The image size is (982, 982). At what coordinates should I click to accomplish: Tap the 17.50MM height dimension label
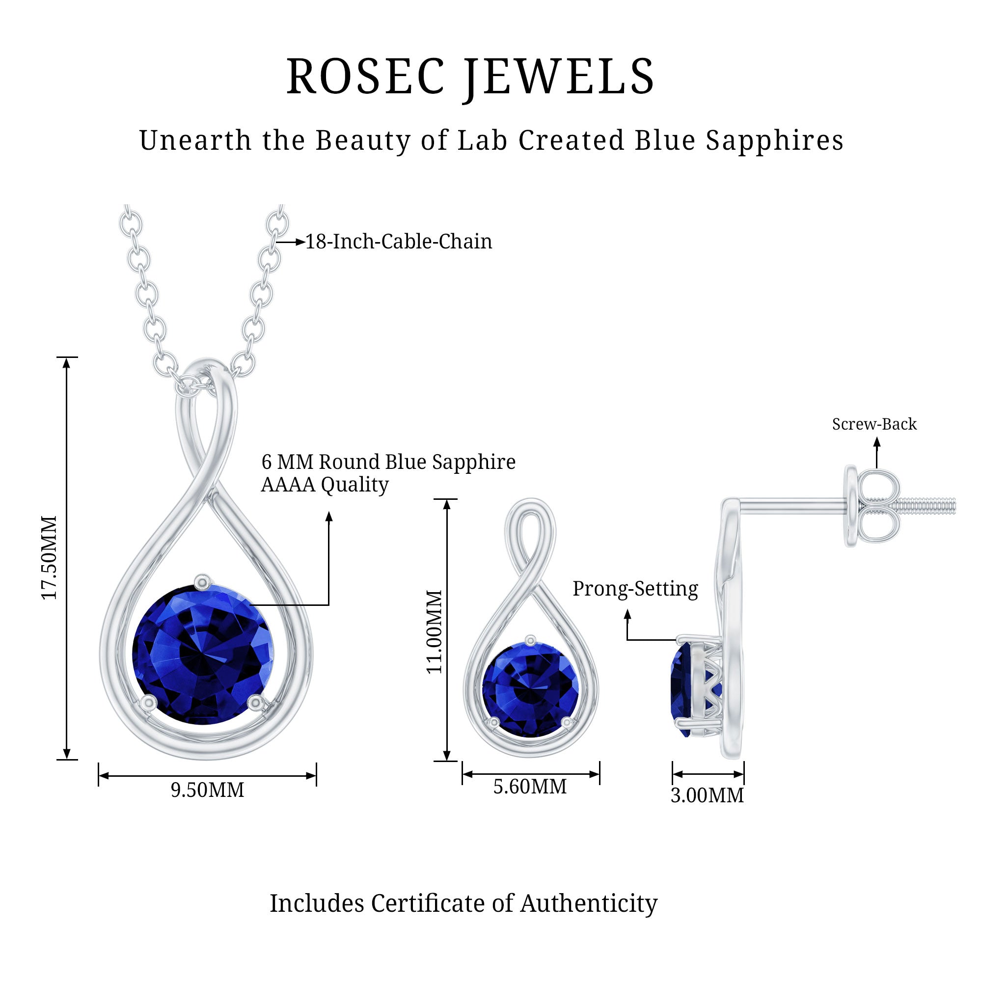click(x=49, y=558)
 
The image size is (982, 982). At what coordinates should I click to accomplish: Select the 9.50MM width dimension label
click(x=207, y=790)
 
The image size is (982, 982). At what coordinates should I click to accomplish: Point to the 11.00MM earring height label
click(x=434, y=632)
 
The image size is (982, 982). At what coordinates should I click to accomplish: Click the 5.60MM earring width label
click(x=530, y=787)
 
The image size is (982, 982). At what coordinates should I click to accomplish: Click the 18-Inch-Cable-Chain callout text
click(x=399, y=242)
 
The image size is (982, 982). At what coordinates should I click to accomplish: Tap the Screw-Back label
click(x=874, y=424)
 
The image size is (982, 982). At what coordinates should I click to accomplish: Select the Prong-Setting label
click(x=635, y=589)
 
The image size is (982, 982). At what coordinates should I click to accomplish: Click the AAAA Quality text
click(x=325, y=485)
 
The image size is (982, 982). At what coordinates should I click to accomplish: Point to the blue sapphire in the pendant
click(x=203, y=655)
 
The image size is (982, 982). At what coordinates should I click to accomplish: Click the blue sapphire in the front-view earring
click(x=530, y=689)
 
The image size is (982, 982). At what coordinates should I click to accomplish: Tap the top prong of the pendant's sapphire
click(x=203, y=581)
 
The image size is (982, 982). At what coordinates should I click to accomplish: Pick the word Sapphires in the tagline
click(x=775, y=140)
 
